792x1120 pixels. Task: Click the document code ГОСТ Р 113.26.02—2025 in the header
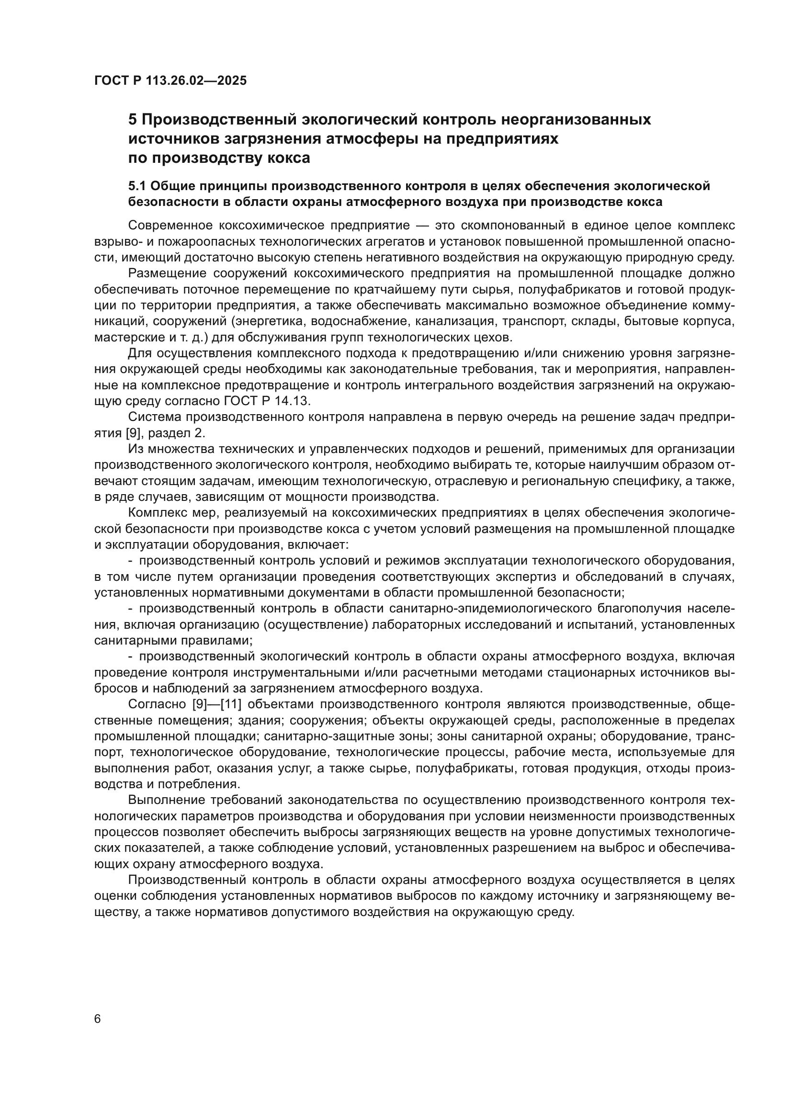(170, 80)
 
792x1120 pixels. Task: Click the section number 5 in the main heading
(132, 120)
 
